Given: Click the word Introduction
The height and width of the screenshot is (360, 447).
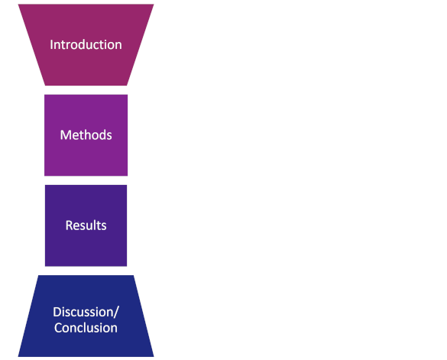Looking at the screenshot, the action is tap(86, 45).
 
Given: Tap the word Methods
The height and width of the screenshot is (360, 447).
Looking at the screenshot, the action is tap(86, 135).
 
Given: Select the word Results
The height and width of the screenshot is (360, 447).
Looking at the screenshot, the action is tap(86, 225).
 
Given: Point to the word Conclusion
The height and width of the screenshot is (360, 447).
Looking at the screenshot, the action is tap(86, 328).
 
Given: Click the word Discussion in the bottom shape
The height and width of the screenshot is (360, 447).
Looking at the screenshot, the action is tap(83, 312).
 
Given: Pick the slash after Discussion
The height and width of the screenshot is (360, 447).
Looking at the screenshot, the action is tap(116, 313).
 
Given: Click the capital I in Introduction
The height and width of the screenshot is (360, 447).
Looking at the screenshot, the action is tap(51, 45).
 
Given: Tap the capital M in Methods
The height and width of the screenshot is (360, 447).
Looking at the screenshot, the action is tap(65, 135).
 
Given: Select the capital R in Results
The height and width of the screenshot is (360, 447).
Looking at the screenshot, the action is tap(69, 225).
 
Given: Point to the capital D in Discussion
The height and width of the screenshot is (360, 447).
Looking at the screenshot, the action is tap(57, 312).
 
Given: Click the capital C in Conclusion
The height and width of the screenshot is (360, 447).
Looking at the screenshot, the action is tap(58, 328).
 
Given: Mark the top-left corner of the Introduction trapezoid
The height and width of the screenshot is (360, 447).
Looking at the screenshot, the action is tap(18, 5).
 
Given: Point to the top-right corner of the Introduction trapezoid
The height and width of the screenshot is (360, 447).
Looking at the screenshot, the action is tap(154, 5).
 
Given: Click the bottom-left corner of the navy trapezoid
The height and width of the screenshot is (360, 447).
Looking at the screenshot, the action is tap(18, 357).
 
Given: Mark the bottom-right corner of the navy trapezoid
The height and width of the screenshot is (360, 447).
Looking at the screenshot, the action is tap(154, 357).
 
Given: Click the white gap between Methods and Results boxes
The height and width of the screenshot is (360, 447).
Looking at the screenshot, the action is tap(86, 180).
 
